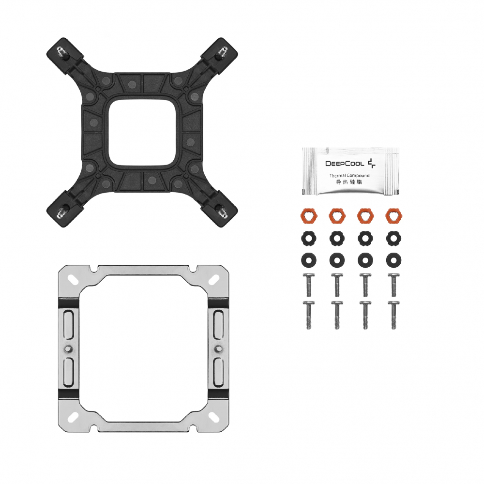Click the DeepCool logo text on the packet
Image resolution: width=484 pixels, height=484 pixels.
click(345, 163)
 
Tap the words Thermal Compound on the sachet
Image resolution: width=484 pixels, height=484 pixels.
click(349, 175)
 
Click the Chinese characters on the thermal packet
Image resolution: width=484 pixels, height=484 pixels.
click(349, 182)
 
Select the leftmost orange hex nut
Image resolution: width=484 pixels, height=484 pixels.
click(308, 215)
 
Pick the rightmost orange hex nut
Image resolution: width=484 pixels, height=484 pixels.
click(393, 215)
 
